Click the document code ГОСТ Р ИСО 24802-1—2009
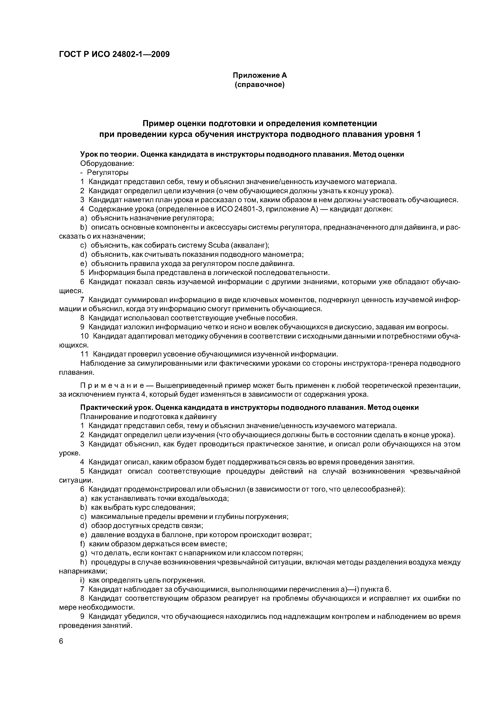pyautogui.click(x=114, y=54)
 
